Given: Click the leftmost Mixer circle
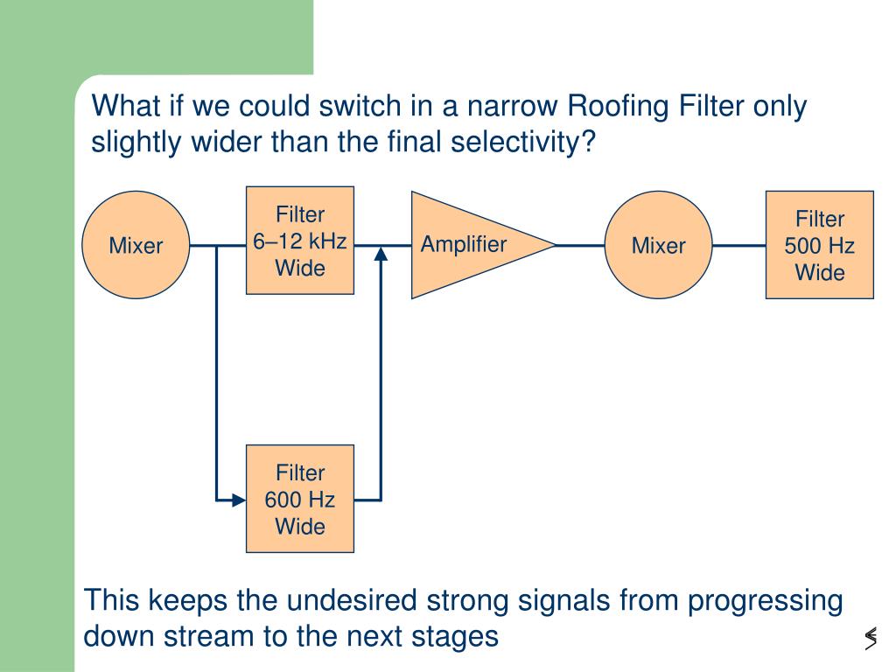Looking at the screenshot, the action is (x=136, y=245).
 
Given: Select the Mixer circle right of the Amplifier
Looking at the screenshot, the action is (x=658, y=245).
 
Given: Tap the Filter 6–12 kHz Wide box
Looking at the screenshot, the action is (x=300, y=241).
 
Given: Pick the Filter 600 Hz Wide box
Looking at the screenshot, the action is (x=300, y=499).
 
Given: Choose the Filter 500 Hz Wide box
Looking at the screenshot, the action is (x=820, y=245).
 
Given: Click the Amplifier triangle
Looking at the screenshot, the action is (x=469, y=245).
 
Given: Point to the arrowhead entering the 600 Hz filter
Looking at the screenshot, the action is (x=239, y=500).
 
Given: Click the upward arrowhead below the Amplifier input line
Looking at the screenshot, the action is (x=381, y=253).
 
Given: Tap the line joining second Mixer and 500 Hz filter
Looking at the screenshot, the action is (x=738, y=246).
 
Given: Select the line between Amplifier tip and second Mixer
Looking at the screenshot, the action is (x=580, y=246).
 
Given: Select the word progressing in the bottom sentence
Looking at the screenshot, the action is (x=765, y=602).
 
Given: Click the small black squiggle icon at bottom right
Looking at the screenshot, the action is (x=871, y=638).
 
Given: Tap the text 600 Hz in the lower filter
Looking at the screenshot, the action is (x=300, y=500).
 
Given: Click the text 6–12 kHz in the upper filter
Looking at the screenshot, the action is (x=300, y=241).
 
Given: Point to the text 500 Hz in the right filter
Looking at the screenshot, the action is (x=819, y=246).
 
